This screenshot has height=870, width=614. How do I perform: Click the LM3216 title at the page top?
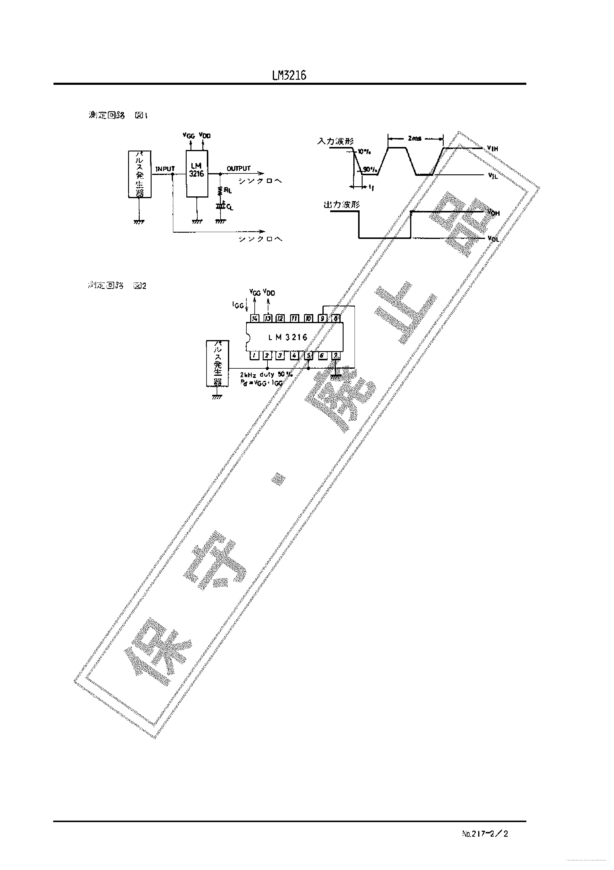(x=289, y=76)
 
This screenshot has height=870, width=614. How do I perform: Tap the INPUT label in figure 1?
(x=165, y=169)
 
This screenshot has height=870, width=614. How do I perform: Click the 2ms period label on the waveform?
(x=415, y=139)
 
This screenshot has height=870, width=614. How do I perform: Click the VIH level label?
(x=492, y=149)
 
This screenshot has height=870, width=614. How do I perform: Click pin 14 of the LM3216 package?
(x=254, y=319)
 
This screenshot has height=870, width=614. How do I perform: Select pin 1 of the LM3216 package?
(x=254, y=356)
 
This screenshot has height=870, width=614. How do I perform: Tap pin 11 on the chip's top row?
(x=295, y=319)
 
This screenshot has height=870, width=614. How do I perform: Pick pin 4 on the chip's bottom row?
(x=294, y=356)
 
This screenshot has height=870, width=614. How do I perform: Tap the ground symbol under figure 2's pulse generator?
(x=217, y=397)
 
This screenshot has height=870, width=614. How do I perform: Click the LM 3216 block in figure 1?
(x=197, y=173)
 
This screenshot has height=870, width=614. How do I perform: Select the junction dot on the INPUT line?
(x=173, y=175)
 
